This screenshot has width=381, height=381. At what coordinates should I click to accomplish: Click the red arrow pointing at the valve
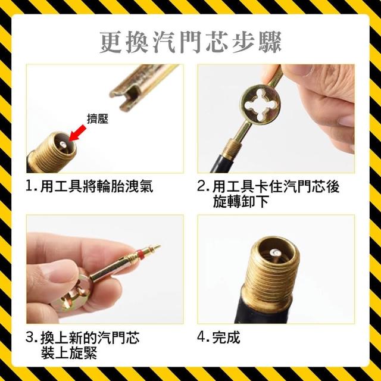(77, 133)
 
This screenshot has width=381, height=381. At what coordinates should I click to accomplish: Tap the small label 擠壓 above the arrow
(98, 119)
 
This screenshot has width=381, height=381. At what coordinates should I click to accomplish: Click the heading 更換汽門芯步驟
(190, 42)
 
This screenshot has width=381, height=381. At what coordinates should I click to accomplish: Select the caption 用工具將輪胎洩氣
(96, 186)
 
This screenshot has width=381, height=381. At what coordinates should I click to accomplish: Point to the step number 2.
(202, 186)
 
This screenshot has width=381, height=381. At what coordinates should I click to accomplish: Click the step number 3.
(30, 338)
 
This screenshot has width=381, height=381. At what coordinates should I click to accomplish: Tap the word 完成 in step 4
(226, 338)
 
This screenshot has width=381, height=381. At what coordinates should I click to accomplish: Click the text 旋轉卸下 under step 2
(241, 202)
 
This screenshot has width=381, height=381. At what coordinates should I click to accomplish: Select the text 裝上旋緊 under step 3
(69, 353)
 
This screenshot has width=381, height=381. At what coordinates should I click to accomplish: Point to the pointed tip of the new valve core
(158, 247)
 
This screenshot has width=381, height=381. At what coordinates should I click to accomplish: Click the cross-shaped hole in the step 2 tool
(261, 105)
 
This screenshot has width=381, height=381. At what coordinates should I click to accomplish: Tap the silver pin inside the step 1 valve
(63, 144)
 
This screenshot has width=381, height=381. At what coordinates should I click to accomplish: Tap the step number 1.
(30, 186)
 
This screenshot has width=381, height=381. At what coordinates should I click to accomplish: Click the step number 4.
(202, 338)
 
